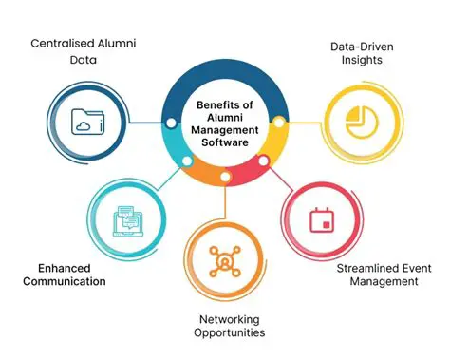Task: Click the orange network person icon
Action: [x=226, y=261]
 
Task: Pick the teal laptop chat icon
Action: [x=125, y=219]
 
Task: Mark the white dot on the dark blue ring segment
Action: [x=171, y=123]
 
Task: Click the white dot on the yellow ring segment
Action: [x=279, y=123]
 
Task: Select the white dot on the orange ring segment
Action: [x=225, y=177]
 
